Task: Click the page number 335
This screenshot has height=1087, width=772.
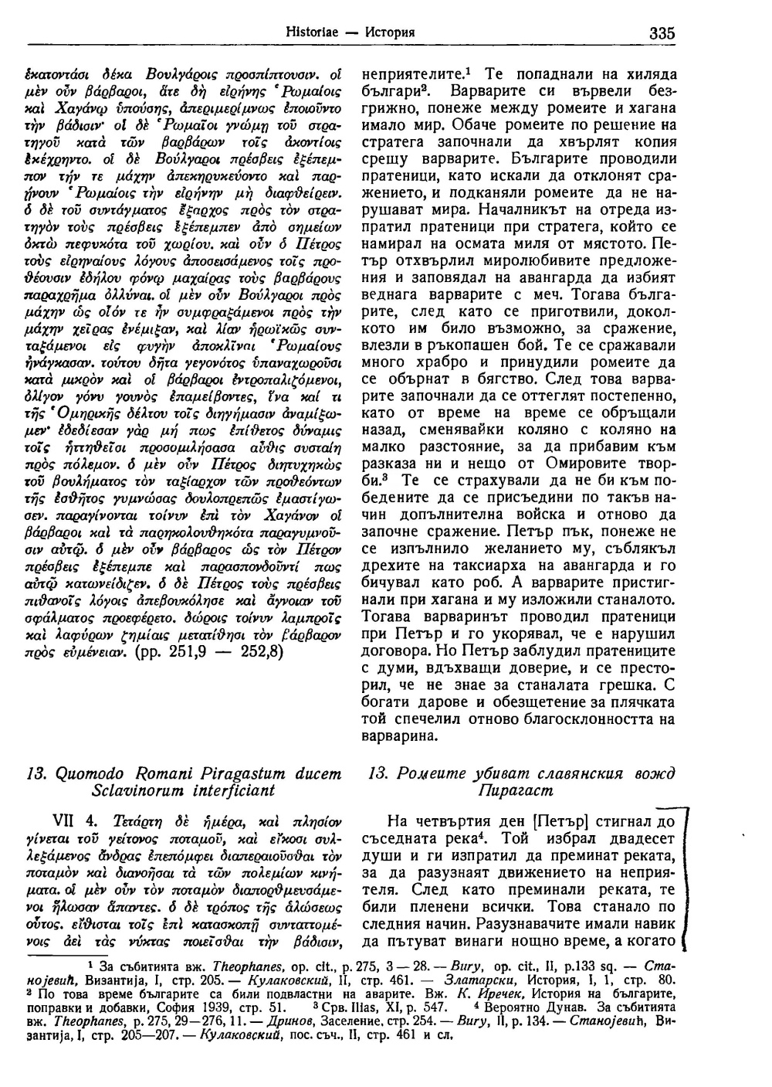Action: pyautogui.click(x=662, y=33)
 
